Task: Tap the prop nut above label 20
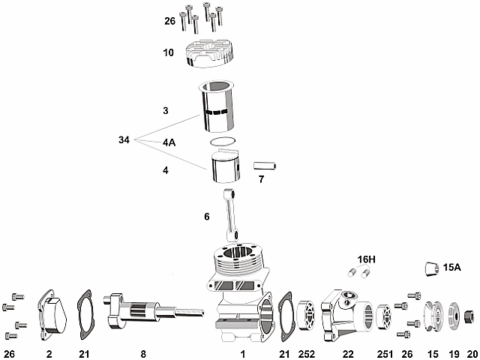[x=471, y=313]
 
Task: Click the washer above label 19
[x=454, y=313]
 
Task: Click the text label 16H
[x=366, y=259]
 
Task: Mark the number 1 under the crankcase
[x=242, y=352]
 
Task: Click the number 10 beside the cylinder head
[x=168, y=52]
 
